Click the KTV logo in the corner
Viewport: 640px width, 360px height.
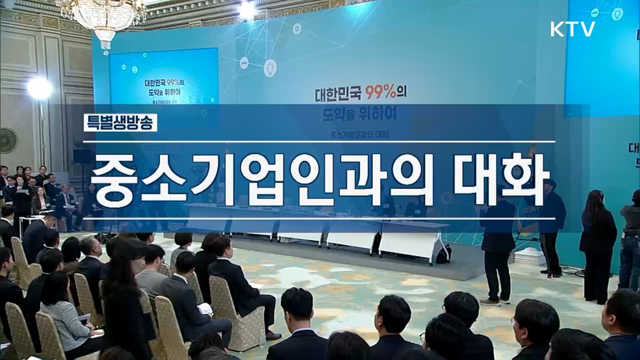[572, 29]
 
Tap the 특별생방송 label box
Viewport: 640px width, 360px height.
[120, 123]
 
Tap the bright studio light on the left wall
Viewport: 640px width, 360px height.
[39, 88]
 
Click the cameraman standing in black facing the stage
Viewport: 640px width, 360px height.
[498, 240]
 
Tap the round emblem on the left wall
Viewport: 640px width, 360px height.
[8, 140]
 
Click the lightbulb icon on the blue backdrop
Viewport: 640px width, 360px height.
[270, 66]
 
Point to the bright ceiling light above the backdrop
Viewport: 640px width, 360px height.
[247, 9]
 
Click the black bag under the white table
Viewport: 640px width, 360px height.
[444, 254]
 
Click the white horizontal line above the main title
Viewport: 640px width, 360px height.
[318, 142]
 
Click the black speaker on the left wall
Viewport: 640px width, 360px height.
[82, 156]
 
